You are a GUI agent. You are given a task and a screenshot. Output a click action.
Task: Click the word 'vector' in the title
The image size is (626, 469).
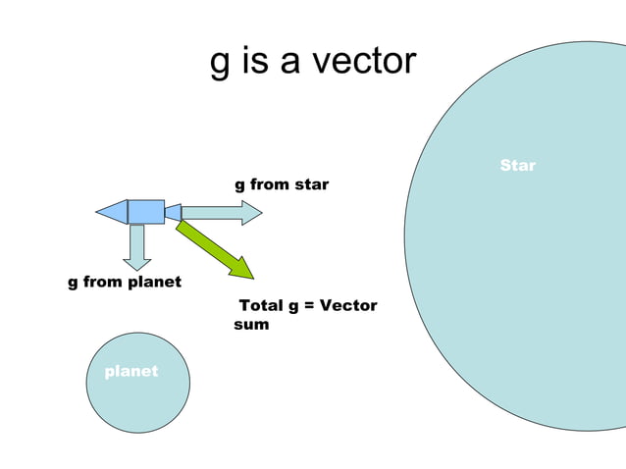tap(365, 62)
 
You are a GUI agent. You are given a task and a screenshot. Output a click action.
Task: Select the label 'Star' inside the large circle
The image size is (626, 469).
tap(517, 165)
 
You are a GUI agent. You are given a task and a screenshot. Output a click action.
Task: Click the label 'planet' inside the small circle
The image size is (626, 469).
tap(131, 372)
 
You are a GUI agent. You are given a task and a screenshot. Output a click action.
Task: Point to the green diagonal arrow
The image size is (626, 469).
tap(213, 248)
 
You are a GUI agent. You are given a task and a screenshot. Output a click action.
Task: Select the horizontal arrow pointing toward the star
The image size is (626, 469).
tap(221, 212)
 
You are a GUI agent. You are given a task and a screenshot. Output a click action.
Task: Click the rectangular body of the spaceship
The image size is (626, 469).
tap(146, 211)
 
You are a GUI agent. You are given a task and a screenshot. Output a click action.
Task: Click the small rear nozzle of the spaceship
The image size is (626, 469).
tap(174, 212)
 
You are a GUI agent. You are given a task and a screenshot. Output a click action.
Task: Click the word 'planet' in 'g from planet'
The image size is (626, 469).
tap(155, 283)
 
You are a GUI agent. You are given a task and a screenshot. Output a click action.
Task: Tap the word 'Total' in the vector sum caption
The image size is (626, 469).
tap(261, 306)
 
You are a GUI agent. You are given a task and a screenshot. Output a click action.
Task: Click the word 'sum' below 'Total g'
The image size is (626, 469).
tap(251, 324)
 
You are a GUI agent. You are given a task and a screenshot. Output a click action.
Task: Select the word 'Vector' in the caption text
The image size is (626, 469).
tap(349, 306)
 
